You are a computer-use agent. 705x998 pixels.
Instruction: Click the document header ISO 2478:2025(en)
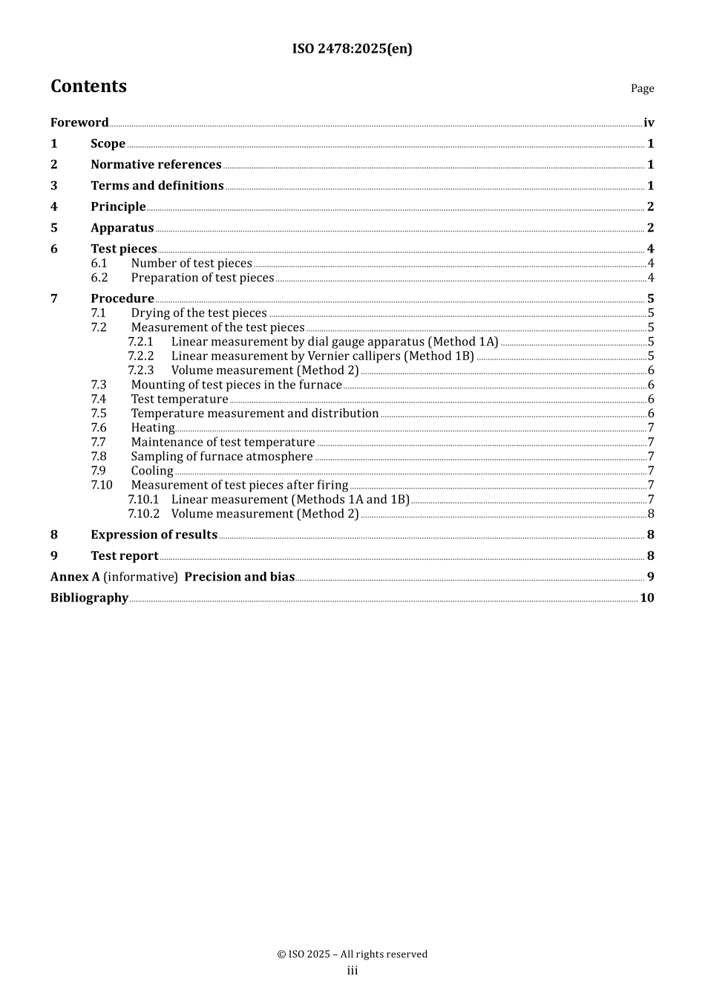[352, 49]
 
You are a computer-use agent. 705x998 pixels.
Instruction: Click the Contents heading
[88, 86]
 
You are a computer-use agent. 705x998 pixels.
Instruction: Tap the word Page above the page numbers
[642, 88]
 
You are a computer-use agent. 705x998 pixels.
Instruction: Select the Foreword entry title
[79, 123]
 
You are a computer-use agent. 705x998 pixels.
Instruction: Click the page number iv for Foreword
[649, 123]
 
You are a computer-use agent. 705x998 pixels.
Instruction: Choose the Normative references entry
[156, 165]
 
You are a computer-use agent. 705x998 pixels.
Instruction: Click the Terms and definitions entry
[157, 186]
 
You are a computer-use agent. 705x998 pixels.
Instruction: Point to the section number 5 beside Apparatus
[54, 228]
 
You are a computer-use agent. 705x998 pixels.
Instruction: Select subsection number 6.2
[99, 278]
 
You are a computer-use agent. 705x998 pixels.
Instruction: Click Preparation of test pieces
[203, 278]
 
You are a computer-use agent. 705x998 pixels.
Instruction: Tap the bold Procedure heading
[122, 299]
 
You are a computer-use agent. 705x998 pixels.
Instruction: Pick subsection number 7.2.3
[140, 371]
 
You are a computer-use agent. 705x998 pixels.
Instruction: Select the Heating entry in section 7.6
[153, 428]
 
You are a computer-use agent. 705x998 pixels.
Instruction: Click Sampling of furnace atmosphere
[222, 457]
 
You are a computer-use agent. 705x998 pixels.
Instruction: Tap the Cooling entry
[152, 471]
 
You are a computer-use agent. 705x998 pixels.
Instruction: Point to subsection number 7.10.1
[143, 500]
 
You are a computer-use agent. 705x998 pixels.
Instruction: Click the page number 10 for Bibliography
[647, 598]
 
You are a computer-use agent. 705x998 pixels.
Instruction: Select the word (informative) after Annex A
[141, 577]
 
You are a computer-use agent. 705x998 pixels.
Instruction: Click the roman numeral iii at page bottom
[352, 971]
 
